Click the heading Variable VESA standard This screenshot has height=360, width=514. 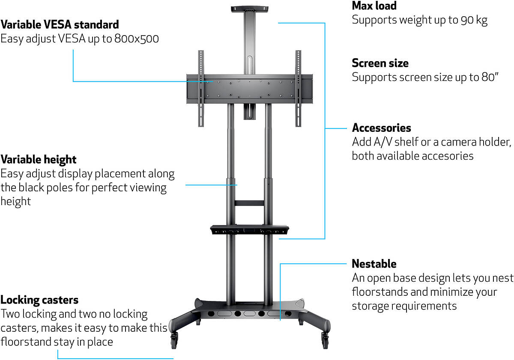point(60,25)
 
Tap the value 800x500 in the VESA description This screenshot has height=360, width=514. point(137,39)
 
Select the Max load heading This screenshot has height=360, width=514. point(374,6)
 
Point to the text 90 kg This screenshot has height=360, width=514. point(474,20)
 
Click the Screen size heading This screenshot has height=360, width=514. point(380,63)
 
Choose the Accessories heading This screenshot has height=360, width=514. point(381,128)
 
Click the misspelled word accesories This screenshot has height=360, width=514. point(448,156)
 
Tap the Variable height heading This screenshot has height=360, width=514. point(38,160)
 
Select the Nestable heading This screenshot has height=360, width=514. point(374,264)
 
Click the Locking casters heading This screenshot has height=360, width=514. point(39,300)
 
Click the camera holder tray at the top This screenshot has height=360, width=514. point(249,9)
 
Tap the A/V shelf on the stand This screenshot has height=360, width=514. point(249,230)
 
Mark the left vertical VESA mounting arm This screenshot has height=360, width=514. point(201,89)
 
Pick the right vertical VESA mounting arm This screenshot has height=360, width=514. point(298,89)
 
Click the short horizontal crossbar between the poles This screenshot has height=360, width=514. point(249,203)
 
